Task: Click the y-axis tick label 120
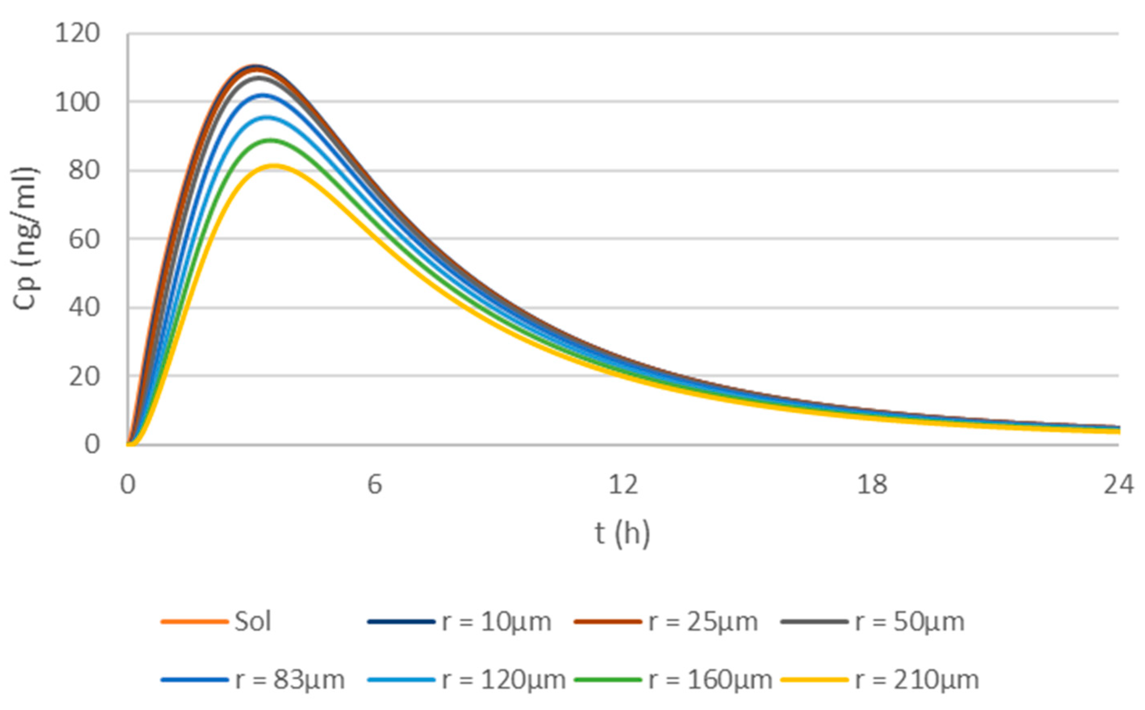(x=77, y=34)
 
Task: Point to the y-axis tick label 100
(x=77, y=102)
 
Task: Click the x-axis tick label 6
(x=374, y=484)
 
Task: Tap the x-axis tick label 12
(x=623, y=484)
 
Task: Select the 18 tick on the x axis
(x=871, y=484)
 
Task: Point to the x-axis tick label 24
(x=1118, y=484)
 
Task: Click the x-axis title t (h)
(x=623, y=534)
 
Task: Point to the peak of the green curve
(x=270, y=140)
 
